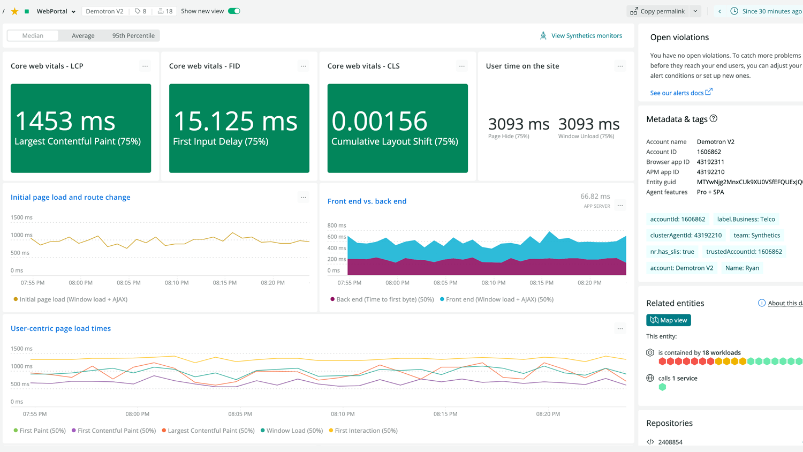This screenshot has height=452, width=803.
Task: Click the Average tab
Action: point(83,36)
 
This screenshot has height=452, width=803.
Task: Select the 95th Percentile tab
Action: point(133,36)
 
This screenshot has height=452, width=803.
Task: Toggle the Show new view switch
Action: point(234,11)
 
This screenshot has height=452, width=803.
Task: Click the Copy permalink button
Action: point(657,11)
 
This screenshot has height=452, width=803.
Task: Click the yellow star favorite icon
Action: point(14,11)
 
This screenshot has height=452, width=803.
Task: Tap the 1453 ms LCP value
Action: point(65,121)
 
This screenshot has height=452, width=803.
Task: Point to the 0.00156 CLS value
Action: point(379,121)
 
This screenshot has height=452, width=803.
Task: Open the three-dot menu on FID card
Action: point(304,66)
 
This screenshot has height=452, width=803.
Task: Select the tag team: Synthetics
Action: point(756,236)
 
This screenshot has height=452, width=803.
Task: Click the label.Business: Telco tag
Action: point(746,219)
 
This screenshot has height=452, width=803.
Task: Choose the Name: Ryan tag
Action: point(742,268)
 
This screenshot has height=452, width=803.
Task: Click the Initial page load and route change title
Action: point(71,197)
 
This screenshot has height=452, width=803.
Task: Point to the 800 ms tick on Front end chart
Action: point(337,225)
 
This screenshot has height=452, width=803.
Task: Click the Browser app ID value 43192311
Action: point(710,162)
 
